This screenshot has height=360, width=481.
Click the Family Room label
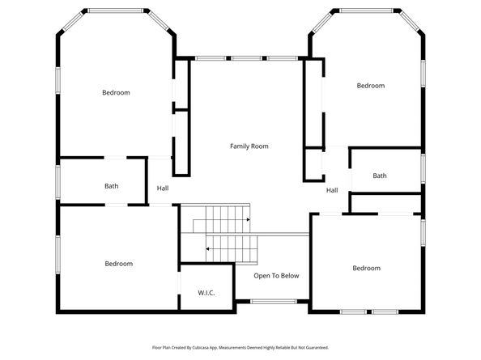249,146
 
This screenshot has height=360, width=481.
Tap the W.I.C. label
206,293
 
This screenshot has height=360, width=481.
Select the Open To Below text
276,276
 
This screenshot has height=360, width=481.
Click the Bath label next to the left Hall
112,186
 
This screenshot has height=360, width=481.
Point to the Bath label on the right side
380,176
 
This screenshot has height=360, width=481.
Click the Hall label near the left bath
163,188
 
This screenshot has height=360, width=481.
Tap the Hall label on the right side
332,190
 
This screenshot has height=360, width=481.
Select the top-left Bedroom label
116,92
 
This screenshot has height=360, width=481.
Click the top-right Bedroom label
371,86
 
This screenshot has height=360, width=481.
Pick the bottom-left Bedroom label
119,264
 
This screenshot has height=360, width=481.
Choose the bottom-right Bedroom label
367,268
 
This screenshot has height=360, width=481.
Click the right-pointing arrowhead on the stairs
248,220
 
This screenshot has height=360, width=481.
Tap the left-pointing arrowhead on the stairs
207,249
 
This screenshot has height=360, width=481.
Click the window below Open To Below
274,302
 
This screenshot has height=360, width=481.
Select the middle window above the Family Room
247,58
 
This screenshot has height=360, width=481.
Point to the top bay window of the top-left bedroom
116,11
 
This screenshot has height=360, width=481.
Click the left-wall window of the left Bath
57,182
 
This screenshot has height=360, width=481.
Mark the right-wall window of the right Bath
423,168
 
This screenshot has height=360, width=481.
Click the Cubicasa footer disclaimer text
240,347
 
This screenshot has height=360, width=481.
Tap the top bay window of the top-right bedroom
366,11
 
